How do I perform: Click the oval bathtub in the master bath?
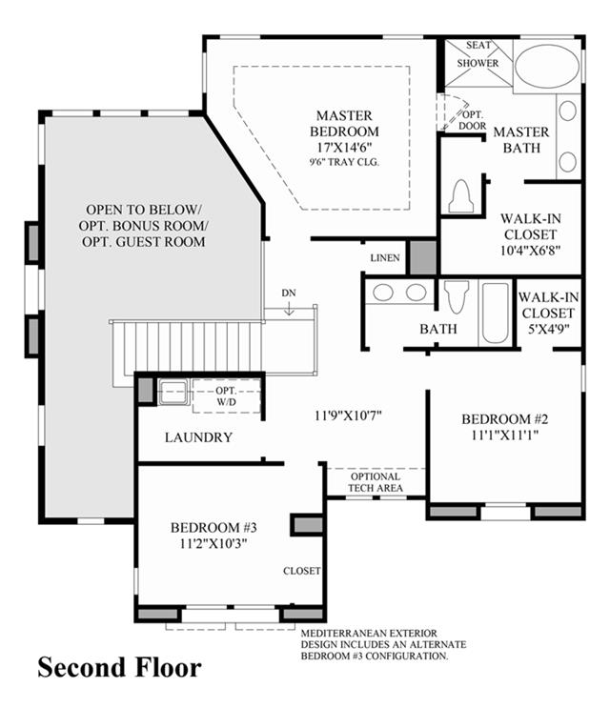(x=547, y=66)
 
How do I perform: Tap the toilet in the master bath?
(x=460, y=196)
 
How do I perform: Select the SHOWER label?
(x=478, y=63)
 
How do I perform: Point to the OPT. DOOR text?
(x=473, y=120)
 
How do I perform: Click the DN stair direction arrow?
(x=289, y=309)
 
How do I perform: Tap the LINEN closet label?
(x=385, y=258)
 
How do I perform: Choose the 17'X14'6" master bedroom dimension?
(x=344, y=147)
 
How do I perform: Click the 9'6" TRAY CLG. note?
(x=344, y=162)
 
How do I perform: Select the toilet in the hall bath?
(x=457, y=296)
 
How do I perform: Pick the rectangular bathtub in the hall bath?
(x=496, y=313)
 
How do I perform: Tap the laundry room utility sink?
(x=173, y=392)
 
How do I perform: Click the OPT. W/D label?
(x=226, y=396)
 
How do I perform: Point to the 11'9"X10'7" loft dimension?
(x=348, y=415)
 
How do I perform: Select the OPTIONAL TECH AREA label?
(x=376, y=482)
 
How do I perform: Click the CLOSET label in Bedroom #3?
(x=301, y=571)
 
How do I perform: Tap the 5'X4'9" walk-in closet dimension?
(x=548, y=329)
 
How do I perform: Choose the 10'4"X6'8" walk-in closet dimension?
(x=531, y=251)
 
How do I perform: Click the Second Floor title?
(x=119, y=668)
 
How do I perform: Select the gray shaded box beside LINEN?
(x=423, y=257)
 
